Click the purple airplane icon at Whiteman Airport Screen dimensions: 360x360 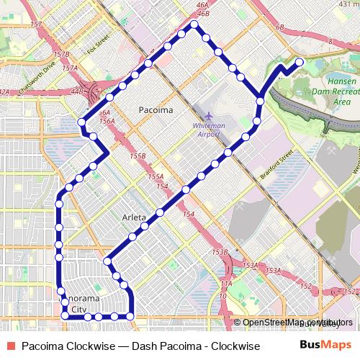click(x=209, y=115)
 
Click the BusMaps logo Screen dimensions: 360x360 click(x=325, y=346)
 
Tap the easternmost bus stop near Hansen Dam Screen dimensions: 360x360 click(x=299, y=61)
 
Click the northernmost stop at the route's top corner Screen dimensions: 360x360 click(x=193, y=25)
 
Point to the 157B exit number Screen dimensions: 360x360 click(x=61, y=54)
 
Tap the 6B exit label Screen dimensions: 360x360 click(x=280, y=27)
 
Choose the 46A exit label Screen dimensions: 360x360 click(x=202, y=4)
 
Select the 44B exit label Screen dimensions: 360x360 click(x=78, y=91)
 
